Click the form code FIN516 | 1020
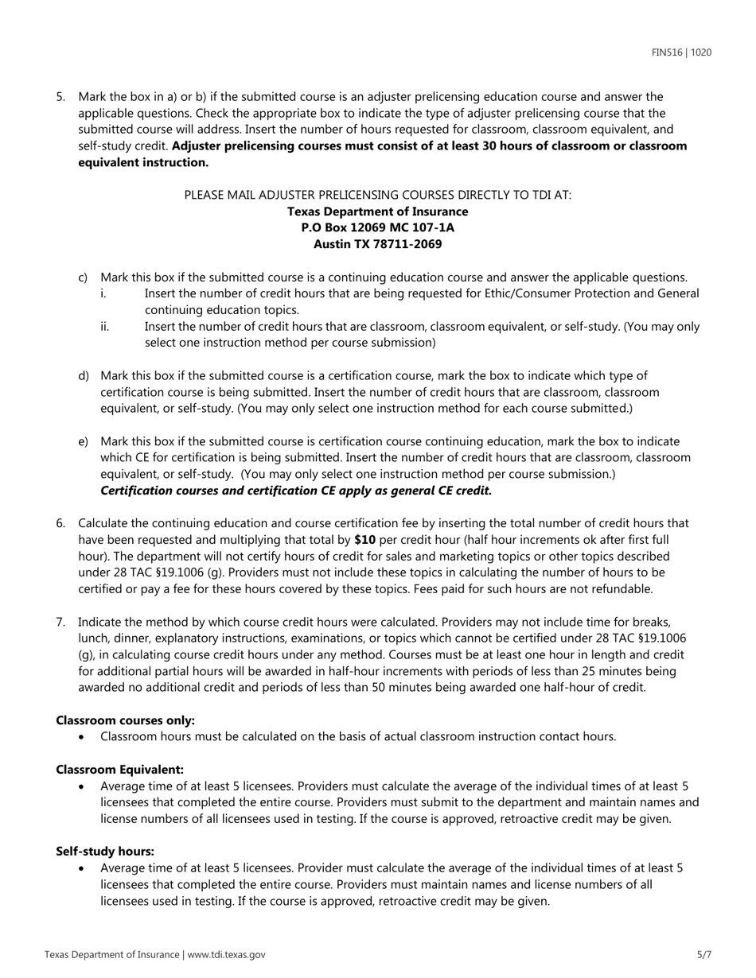tap(681, 52)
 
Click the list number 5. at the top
tap(60, 97)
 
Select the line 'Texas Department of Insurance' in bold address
tap(377, 212)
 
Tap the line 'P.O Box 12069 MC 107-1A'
tap(377, 227)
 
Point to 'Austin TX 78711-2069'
tap(377, 244)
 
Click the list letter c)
tap(83, 277)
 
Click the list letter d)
tap(83, 375)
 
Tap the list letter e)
tap(83, 441)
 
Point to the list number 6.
tap(60, 523)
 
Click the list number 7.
tap(60, 622)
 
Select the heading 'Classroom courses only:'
tap(125, 720)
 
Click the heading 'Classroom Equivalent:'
tap(119, 770)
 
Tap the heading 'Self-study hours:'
tap(105, 852)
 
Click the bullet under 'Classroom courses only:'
tap(83, 737)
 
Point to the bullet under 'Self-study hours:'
tap(83, 868)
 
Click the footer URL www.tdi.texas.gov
tap(227, 955)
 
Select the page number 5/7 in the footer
tap(703, 955)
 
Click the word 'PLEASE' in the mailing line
tap(205, 195)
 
